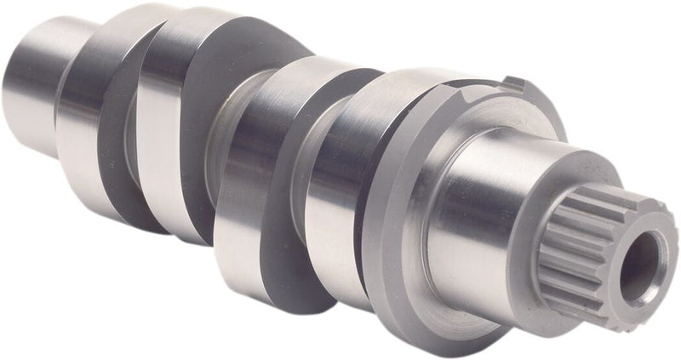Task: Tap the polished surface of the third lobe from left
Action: (x=238, y=196)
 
